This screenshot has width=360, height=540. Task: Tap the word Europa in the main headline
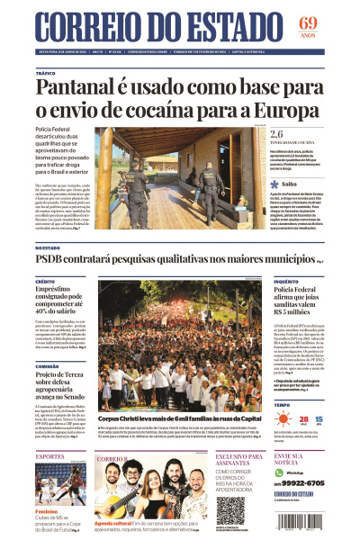coord(287,112)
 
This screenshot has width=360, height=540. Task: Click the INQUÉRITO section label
coord(288,281)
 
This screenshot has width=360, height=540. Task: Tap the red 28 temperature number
coord(303,420)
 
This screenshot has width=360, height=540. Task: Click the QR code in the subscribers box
coord(229,508)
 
